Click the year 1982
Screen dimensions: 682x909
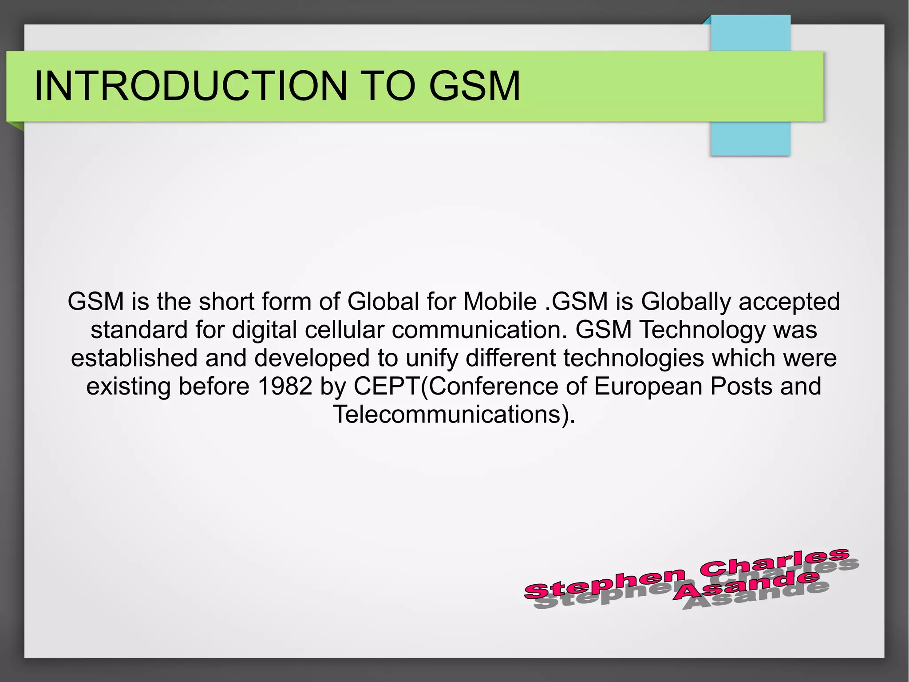285,386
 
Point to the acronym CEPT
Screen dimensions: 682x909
386,386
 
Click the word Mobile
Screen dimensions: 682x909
500,302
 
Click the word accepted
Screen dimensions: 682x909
789,302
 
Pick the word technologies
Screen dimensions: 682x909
634,358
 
